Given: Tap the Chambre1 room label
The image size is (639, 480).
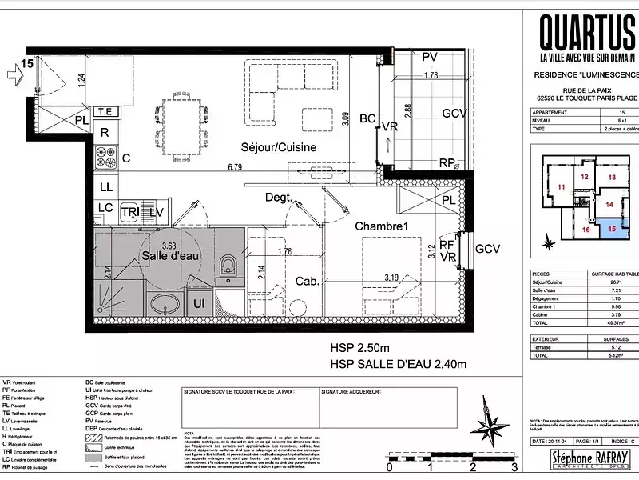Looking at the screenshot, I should (x=382, y=226).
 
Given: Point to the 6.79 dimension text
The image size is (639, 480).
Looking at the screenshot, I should (x=234, y=167).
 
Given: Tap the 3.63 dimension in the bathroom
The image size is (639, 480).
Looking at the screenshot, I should (x=169, y=245).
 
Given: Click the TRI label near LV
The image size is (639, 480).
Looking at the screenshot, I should (x=129, y=210).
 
